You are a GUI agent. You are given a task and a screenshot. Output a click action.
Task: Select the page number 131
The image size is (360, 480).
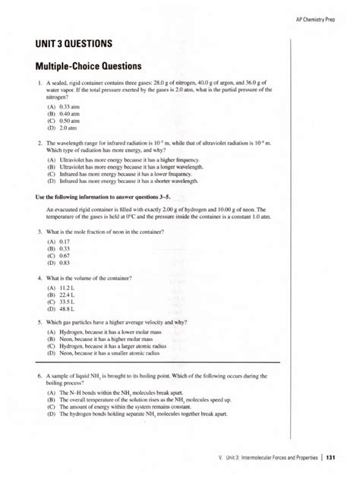[330, 456]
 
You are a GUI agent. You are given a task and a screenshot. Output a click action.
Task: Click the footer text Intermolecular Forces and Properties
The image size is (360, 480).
[271, 456]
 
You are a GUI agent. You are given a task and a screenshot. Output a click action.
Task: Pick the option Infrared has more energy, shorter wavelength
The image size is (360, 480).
[128, 182]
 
